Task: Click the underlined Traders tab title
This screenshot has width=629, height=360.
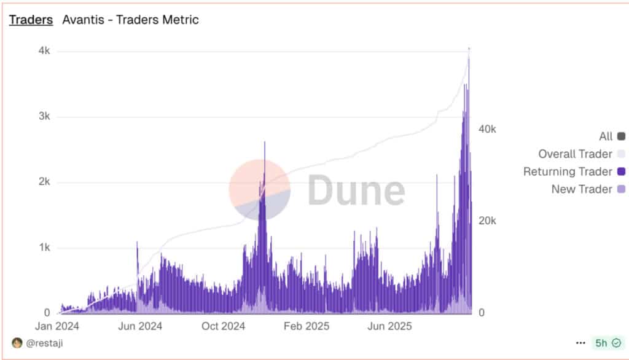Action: [x=31, y=20]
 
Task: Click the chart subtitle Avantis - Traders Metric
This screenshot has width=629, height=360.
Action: [x=130, y=20]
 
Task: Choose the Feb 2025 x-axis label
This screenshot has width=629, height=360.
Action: [x=307, y=326]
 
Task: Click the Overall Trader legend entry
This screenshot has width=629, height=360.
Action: [x=581, y=154]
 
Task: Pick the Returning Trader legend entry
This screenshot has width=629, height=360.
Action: [x=574, y=171]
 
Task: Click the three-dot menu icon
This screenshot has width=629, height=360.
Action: [x=580, y=343]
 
